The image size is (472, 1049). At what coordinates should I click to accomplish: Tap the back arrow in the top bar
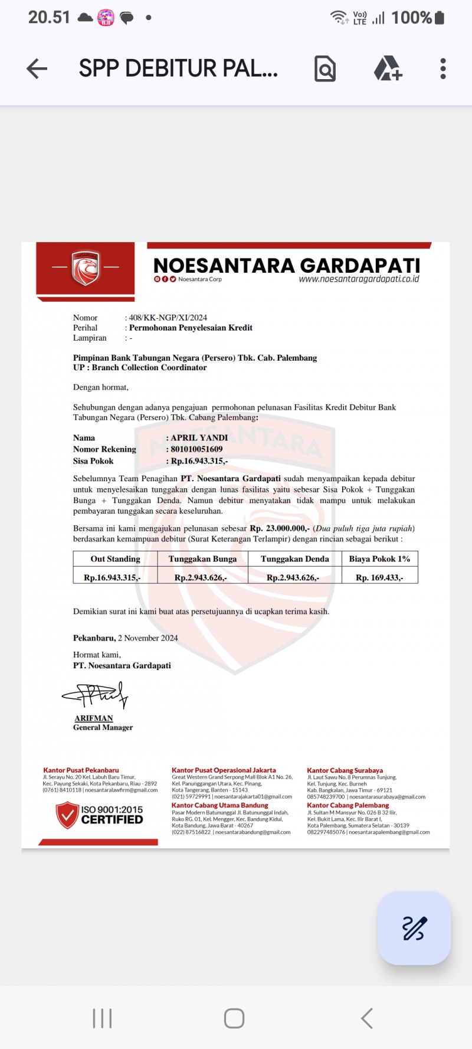37,69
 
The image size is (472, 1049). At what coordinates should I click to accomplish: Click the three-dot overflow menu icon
443,69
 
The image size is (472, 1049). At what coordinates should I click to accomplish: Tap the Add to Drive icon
388,69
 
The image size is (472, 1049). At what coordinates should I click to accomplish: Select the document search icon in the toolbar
325,69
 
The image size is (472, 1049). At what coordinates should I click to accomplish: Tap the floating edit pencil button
414,928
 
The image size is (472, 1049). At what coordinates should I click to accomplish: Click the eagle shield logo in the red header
86,268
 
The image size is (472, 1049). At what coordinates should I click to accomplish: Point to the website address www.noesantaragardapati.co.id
359,279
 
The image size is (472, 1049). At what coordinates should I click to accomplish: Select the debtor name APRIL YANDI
199,437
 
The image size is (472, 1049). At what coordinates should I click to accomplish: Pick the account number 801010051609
196,449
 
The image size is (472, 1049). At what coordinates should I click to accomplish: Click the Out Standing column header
116,559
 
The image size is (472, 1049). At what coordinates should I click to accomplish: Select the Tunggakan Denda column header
295,559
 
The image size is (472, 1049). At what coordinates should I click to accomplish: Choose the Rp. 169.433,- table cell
379,578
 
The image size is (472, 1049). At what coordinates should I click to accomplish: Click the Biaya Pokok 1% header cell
379,559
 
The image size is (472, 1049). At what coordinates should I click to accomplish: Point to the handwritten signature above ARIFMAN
96,696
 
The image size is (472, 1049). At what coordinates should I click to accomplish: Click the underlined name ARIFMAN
94,718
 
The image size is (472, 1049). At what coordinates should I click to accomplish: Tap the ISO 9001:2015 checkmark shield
67,815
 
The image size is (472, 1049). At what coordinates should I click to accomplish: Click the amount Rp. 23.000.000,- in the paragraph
280,528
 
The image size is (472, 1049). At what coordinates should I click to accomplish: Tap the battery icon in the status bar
439,18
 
